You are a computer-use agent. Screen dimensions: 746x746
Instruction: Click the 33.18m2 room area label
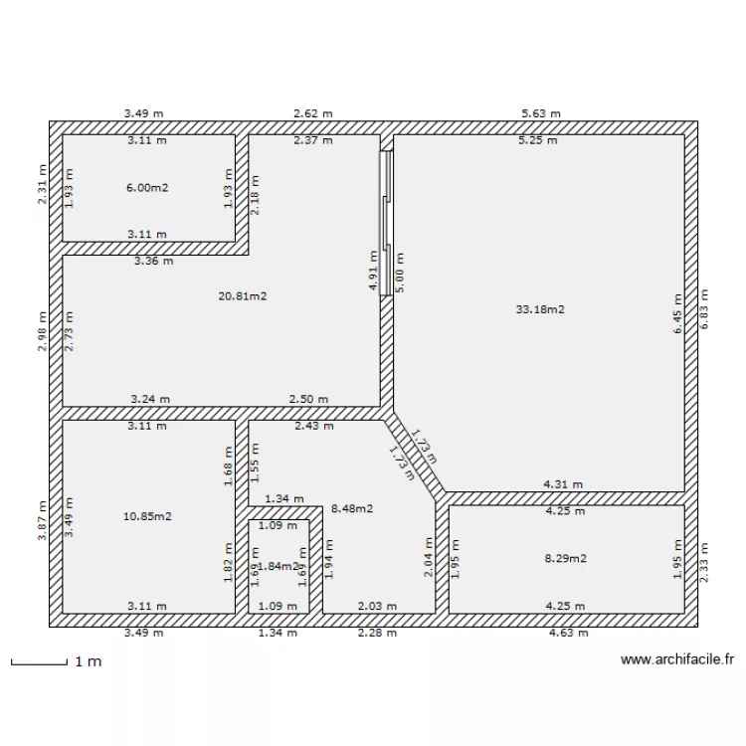[x=540, y=309]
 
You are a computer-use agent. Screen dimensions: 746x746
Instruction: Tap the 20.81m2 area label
[x=243, y=295]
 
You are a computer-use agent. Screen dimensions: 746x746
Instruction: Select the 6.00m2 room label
[x=146, y=187]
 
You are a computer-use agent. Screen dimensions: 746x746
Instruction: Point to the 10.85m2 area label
[x=147, y=516]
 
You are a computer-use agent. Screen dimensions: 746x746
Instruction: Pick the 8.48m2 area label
[x=350, y=508]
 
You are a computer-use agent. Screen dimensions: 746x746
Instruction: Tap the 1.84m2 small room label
[x=279, y=566]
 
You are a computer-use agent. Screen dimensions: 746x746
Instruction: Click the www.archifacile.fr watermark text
[x=676, y=658]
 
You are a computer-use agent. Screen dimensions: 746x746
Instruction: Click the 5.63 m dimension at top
[x=541, y=113]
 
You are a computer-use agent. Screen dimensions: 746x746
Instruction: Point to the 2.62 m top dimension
[x=312, y=113]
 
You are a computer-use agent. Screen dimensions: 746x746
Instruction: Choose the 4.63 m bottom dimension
[x=568, y=632]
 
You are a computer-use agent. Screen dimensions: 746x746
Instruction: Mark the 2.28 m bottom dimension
[x=377, y=632]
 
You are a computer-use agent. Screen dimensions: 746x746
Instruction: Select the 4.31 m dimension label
[x=563, y=484]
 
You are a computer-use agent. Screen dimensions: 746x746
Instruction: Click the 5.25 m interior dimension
[x=538, y=140]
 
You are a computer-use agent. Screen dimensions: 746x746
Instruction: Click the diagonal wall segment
[x=416, y=454]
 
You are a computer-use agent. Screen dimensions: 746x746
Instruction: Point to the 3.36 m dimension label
[x=154, y=262]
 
